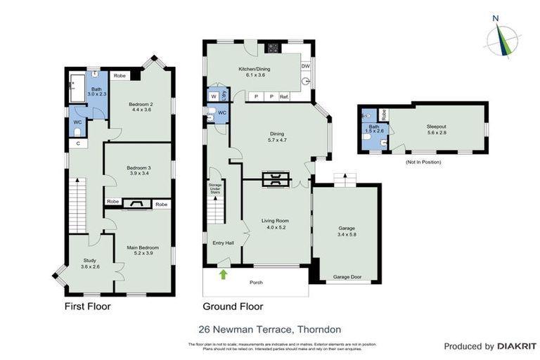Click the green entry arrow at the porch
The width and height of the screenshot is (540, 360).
pyautogui.click(x=224, y=274)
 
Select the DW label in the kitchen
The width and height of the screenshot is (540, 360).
pyautogui.click(x=305, y=66)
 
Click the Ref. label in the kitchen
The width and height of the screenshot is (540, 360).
pyautogui.click(x=284, y=96)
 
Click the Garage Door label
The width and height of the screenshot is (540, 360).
pyautogui.click(x=347, y=278)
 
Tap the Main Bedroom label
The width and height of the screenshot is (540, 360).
pyautogui.click(x=143, y=247)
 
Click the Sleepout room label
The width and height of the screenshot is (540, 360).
pyautogui.click(x=436, y=127)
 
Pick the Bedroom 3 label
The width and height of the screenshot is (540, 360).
pyautogui.click(x=139, y=168)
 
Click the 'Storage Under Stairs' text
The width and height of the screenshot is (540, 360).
pyautogui.click(x=214, y=188)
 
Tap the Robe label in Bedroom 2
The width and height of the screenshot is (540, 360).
pyautogui.click(x=120, y=75)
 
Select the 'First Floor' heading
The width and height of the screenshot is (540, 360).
pyautogui.click(x=87, y=307)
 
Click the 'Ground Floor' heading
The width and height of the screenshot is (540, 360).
pyautogui.click(x=233, y=307)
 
